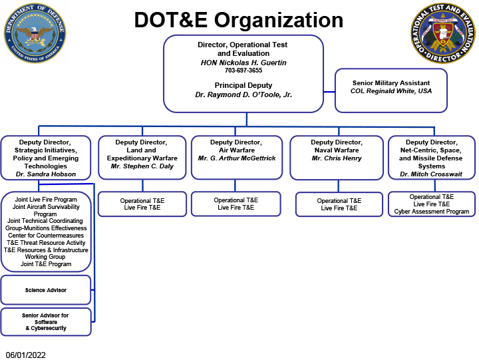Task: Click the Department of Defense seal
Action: [36, 33]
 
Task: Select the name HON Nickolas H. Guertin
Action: [243, 62]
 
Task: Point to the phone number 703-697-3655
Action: [243, 70]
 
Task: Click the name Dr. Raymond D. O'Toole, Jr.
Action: [243, 94]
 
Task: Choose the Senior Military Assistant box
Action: [391, 90]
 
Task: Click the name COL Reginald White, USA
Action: [391, 91]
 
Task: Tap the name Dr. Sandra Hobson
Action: [46, 174]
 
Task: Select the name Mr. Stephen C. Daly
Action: [142, 166]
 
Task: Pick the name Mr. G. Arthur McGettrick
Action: [236, 158]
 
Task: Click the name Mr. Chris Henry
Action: [337, 158]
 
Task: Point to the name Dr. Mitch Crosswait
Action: [432, 174]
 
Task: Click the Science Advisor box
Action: [46, 290]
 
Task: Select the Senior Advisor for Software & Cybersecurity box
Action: [46, 321]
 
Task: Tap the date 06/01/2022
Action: [26, 355]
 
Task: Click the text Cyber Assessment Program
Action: [432, 212]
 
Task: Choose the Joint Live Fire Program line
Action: [46, 199]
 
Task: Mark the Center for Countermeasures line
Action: [46, 235]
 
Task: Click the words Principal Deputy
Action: [243, 85]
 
